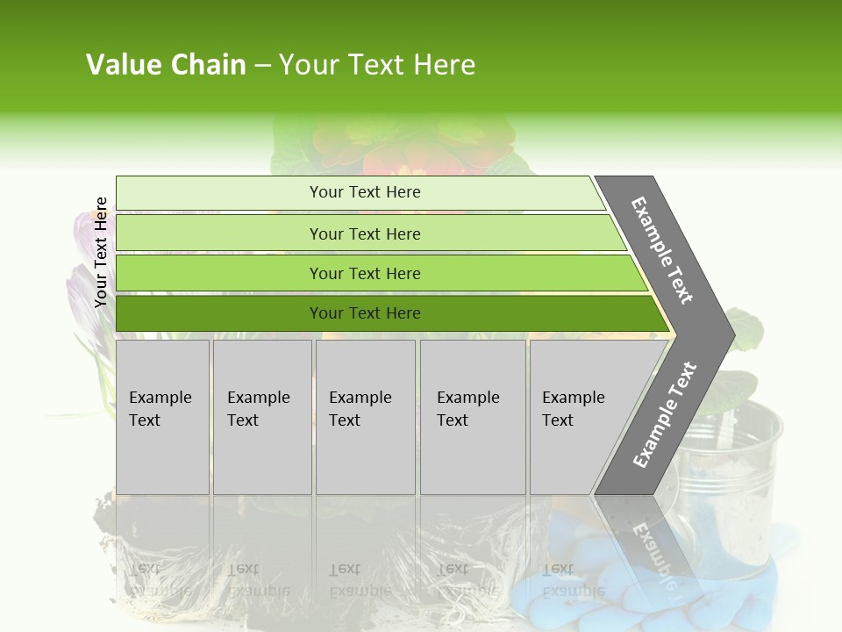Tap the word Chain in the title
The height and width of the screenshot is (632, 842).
[209, 65]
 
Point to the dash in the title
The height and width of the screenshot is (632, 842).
[262, 66]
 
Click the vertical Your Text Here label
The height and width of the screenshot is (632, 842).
[101, 252]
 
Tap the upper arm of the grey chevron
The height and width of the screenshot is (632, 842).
[662, 250]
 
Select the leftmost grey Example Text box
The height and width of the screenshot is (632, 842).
[162, 417]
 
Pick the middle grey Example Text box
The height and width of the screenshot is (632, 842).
[365, 417]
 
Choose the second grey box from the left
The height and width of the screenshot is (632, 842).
[262, 417]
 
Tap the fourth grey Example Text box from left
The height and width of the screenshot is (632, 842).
[473, 417]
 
